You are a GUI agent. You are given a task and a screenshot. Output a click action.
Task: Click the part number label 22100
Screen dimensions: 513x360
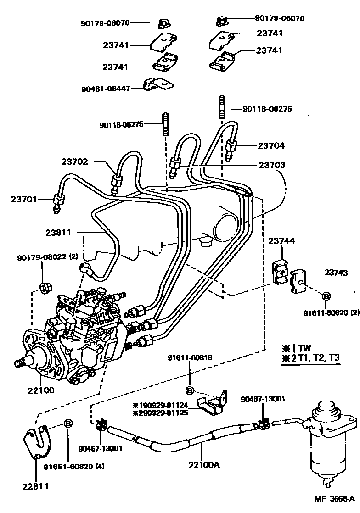(42, 390)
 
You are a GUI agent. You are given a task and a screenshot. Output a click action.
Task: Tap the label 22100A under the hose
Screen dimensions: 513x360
(204, 465)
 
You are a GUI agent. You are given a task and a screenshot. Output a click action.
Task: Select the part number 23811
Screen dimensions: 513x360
(58, 233)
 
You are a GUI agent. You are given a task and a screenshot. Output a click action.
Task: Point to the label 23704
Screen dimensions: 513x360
(270, 145)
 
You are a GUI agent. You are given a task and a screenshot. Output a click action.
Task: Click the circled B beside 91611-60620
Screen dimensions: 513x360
(326, 296)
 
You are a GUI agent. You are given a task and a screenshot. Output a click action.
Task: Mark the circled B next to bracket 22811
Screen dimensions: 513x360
(67, 423)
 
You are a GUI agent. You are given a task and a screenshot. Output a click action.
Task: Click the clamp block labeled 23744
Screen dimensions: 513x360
(280, 271)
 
